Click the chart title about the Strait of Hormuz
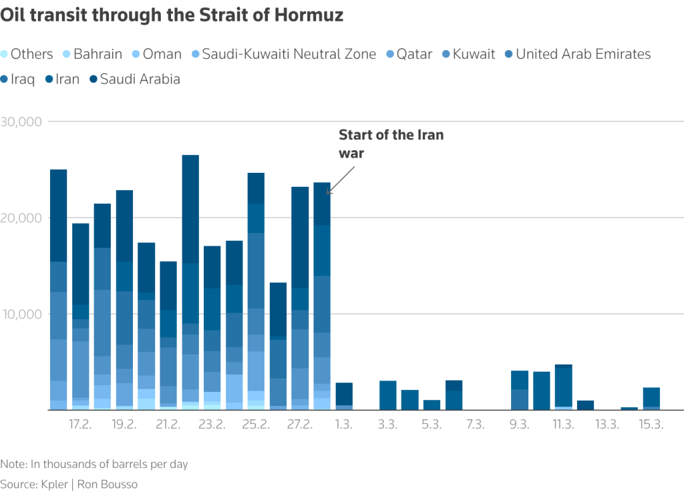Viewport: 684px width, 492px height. point(172,15)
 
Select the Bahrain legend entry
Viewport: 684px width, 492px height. point(98,54)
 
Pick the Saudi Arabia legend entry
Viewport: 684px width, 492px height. point(140,79)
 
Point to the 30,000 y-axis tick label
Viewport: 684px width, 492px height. point(23,122)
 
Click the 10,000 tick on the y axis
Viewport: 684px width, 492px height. point(23,314)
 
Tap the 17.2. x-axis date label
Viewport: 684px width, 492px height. point(80,425)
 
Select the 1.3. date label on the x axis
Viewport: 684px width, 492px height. point(344,425)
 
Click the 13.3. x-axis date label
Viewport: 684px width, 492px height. point(607,425)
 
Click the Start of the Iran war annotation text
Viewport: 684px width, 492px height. point(391,144)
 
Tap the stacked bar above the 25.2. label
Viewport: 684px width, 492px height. point(256,290)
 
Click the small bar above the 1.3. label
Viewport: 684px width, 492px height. point(344,396)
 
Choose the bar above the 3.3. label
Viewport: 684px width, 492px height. point(388,395)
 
